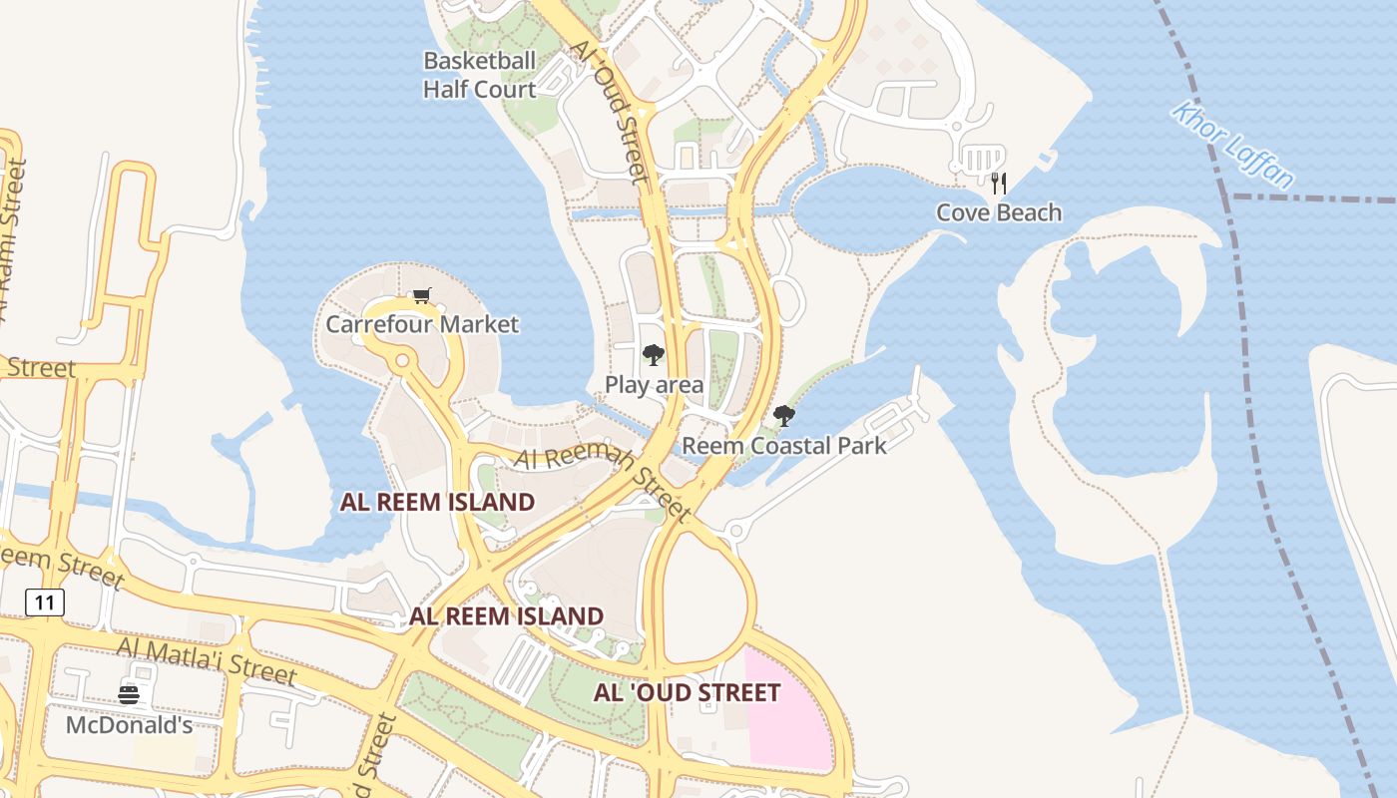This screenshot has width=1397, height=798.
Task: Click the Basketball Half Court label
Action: pyautogui.click(x=479, y=75)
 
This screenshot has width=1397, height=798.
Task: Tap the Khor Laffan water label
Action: pyautogui.click(x=1233, y=144)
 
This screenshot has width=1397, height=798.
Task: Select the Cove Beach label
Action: pyautogui.click(x=998, y=212)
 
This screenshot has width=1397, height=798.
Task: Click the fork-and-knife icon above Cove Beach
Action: pyautogui.click(x=998, y=183)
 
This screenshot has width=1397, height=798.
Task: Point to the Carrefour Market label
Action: pyautogui.click(x=422, y=324)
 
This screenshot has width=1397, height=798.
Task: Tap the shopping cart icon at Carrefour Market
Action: pyautogui.click(x=421, y=296)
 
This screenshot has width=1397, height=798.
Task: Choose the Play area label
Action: pyautogui.click(x=654, y=384)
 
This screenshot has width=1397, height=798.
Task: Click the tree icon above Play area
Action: pyautogui.click(x=654, y=355)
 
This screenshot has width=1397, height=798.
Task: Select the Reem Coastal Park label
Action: pyautogui.click(x=783, y=445)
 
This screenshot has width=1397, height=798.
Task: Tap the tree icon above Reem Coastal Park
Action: pyautogui.click(x=784, y=416)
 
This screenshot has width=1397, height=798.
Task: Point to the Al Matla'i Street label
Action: pyautogui.click(x=207, y=660)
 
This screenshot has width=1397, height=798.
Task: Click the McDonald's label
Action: pyautogui.click(x=129, y=724)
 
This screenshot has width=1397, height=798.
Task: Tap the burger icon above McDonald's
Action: pyautogui.click(x=129, y=694)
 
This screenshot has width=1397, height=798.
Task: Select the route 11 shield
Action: pyautogui.click(x=45, y=601)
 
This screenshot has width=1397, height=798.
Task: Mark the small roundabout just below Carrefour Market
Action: pyautogui.click(x=402, y=360)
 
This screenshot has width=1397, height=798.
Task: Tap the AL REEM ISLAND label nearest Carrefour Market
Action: pyautogui.click(x=437, y=502)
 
